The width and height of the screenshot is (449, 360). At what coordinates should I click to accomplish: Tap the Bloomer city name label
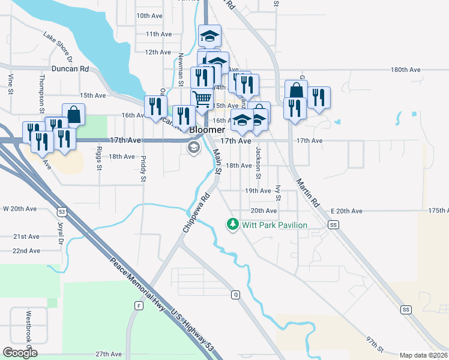pos(207,130)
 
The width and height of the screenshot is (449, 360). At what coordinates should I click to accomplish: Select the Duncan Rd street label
pos(70,69)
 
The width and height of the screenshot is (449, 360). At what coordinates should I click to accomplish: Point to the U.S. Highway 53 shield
pos(62,211)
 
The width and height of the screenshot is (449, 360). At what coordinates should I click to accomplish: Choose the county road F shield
pos(139,305)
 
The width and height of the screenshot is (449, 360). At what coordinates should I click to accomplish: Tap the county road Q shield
pos(236,295)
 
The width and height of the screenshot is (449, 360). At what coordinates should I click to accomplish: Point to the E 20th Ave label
pos(347,211)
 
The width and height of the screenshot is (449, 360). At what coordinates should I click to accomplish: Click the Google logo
pos(20,352)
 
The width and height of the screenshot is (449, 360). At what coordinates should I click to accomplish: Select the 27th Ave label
pos(109,355)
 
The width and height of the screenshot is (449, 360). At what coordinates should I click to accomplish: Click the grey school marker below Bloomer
pos(193,148)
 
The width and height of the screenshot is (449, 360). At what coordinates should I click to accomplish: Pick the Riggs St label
pos(100,158)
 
